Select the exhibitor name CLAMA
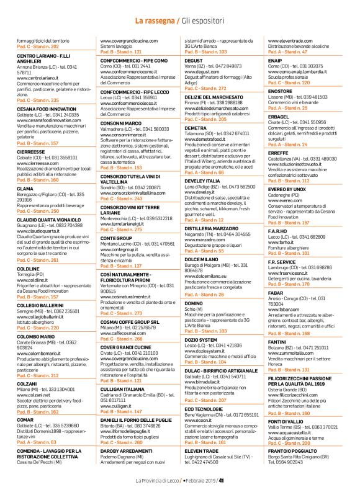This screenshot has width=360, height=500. [25, 171]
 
